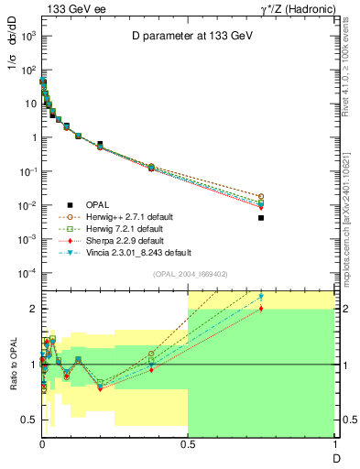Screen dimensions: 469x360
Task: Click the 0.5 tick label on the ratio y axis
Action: coord(28,420)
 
